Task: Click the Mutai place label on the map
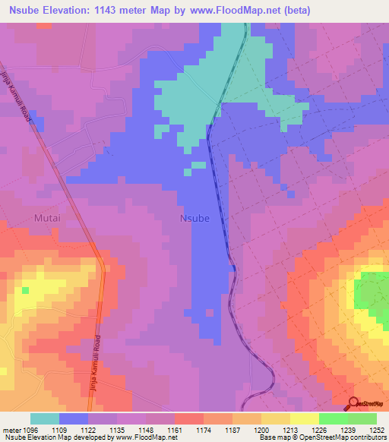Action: [46, 217]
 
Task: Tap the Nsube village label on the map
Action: [194, 218]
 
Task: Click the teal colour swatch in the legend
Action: [45, 418]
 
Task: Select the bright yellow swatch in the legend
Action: [304, 418]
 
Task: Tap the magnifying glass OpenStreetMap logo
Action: [354, 403]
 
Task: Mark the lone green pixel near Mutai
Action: [26, 289]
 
